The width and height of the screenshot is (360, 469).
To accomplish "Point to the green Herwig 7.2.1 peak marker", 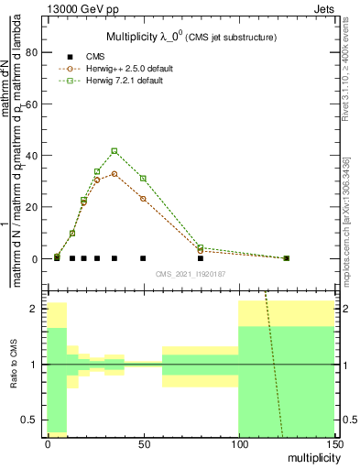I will [x=115, y=150].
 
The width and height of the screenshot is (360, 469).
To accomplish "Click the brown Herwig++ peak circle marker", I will [x=115, y=173].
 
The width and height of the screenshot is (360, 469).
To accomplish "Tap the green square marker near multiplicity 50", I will [x=143, y=178].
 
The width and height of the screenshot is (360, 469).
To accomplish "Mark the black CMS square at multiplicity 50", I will [x=143, y=258].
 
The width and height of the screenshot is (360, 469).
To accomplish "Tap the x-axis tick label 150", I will [x=334, y=444].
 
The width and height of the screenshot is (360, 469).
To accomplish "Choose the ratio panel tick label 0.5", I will [x=28, y=420].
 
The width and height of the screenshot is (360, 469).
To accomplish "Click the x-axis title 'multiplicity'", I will [x=308, y=459].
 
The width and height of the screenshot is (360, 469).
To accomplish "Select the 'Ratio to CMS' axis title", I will [x=12, y=365].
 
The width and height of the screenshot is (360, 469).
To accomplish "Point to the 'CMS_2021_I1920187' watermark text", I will [x=190, y=273].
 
